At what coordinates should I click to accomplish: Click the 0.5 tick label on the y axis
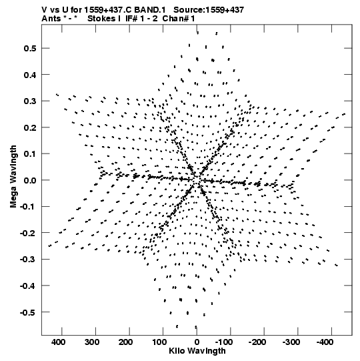(30, 48)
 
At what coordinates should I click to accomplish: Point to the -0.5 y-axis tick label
(28, 312)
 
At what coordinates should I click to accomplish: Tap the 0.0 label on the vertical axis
(30, 180)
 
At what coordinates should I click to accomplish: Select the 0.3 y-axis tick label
(30, 101)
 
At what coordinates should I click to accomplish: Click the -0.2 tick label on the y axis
(28, 234)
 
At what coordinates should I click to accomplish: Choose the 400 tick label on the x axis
(58, 342)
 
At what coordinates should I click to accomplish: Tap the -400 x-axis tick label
(325, 342)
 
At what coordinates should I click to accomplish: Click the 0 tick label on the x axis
(197, 342)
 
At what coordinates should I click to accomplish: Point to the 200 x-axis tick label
(125, 342)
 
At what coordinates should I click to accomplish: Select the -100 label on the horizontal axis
(223, 342)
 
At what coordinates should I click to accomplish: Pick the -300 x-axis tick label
(291, 342)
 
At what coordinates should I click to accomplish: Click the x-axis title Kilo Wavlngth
(197, 352)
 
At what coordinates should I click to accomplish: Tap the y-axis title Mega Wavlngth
(13, 177)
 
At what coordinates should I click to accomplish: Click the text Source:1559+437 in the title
(209, 10)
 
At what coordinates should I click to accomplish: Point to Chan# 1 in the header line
(179, 19)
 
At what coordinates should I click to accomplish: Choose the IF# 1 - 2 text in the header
(141, 19)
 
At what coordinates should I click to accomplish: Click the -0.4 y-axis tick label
(28, 286)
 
